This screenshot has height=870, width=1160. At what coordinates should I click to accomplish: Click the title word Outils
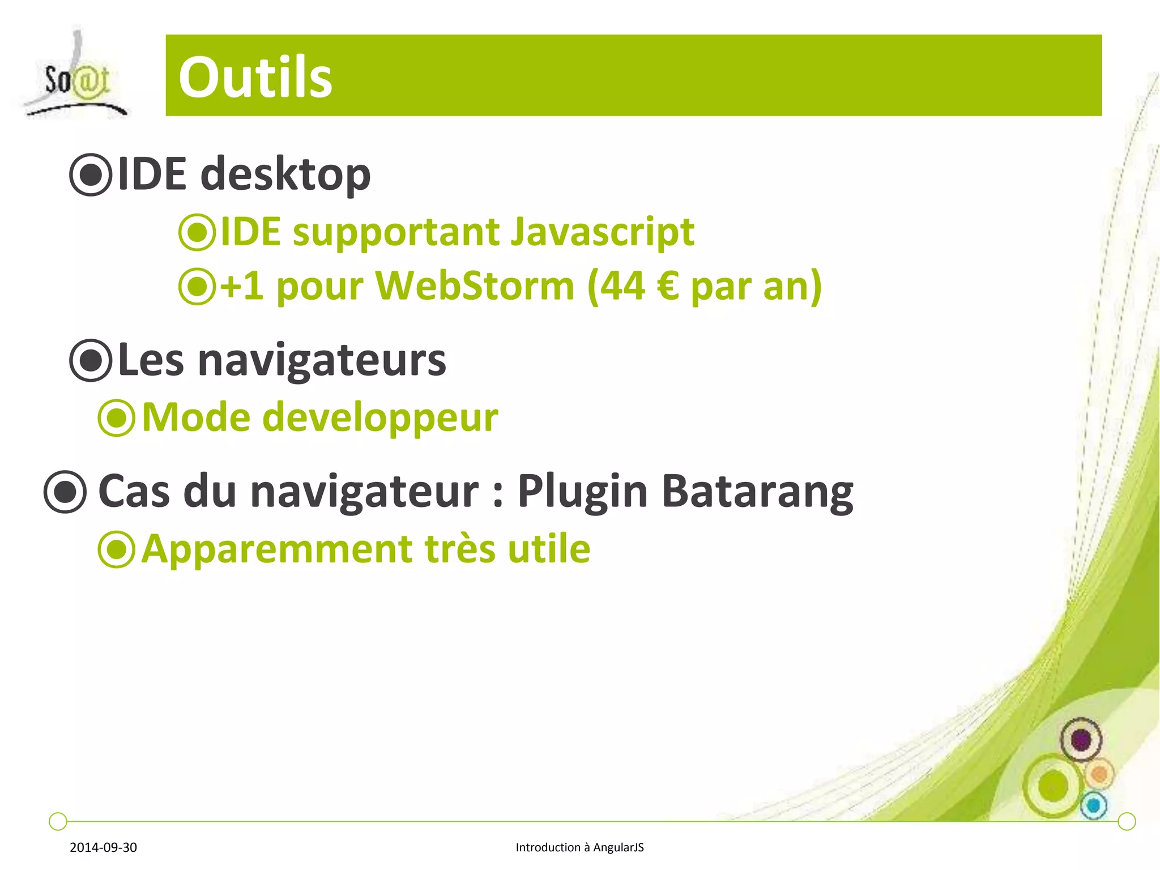click(255, 77)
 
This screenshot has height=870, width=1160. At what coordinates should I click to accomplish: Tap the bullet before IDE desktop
click(91, 175)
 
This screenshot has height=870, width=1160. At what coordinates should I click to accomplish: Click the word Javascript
click(602, 232)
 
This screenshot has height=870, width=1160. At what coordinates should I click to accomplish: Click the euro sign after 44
click(668, 285)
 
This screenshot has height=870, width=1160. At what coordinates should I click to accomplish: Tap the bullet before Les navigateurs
click(91, 360)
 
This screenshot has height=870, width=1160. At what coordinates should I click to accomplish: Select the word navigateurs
click(322, 361)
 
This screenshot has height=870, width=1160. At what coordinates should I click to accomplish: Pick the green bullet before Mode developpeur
click(117, 418)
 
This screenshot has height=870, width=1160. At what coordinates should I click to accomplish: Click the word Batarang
click(757, 491)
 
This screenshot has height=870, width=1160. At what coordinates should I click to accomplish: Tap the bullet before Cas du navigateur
click(66, 492)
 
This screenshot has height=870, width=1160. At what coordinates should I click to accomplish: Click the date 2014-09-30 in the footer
click(103, 847)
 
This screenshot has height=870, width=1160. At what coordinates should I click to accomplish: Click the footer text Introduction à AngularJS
click(579, 847)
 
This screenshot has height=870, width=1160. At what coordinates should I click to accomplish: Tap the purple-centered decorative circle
click(1081, 739)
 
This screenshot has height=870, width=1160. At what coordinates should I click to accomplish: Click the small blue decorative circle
click(1094, 805)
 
